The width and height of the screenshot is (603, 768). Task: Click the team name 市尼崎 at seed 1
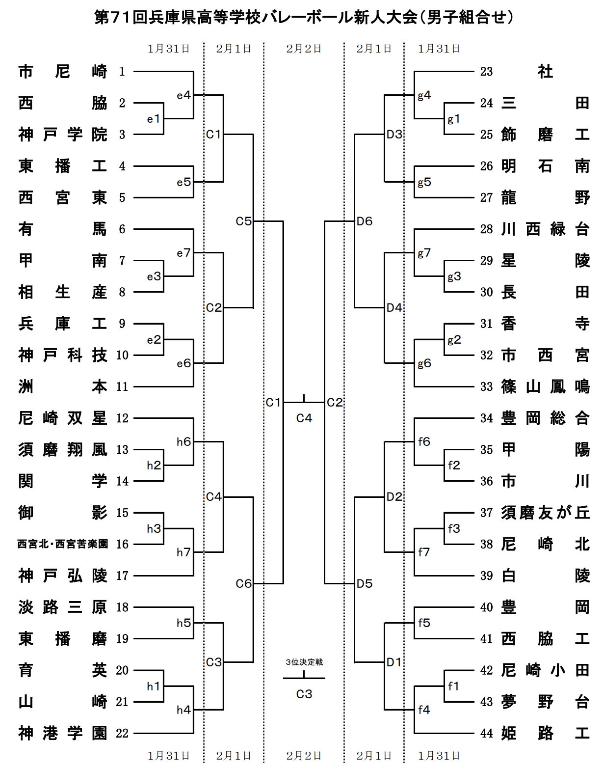point(62,72)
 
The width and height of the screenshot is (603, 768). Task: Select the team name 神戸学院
point(62,135)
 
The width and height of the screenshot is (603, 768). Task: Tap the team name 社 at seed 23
point(545,72)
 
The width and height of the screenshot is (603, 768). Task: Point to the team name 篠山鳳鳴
point(545,387)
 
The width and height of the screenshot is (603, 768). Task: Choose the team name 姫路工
point(545,734)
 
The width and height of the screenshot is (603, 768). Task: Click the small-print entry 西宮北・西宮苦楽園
point(62,544)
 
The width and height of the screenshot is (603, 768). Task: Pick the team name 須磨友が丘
point(545,513)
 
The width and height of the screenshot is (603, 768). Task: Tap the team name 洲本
point(62,387)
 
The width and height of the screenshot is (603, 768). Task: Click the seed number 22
point(122,734)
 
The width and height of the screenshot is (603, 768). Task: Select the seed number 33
point(486,387)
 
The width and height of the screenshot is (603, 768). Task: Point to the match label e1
point(154,119)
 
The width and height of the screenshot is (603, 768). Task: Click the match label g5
point(424,182)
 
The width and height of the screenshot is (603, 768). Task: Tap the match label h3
point(154,529)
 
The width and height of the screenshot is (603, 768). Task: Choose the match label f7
point(424,552)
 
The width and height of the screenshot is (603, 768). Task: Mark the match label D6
point(365,221)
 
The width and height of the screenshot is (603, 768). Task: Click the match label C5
point(243,221)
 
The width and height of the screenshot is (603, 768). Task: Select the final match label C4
point(304,418)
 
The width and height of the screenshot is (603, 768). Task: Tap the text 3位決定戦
point(304,662)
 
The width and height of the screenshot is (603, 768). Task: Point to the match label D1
point(394,662)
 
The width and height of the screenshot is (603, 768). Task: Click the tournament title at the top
point(304,18)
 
